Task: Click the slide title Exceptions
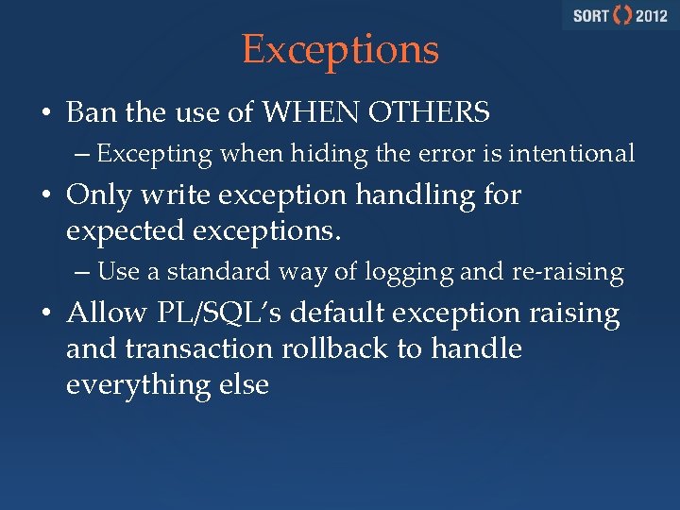click(340, 50)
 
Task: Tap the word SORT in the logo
click(589, 16)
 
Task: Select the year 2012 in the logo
click(652, 16)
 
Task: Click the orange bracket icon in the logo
click(622, 16)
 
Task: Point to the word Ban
click(90, 113)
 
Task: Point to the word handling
click(424, 195)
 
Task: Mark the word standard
click(222, 272)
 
